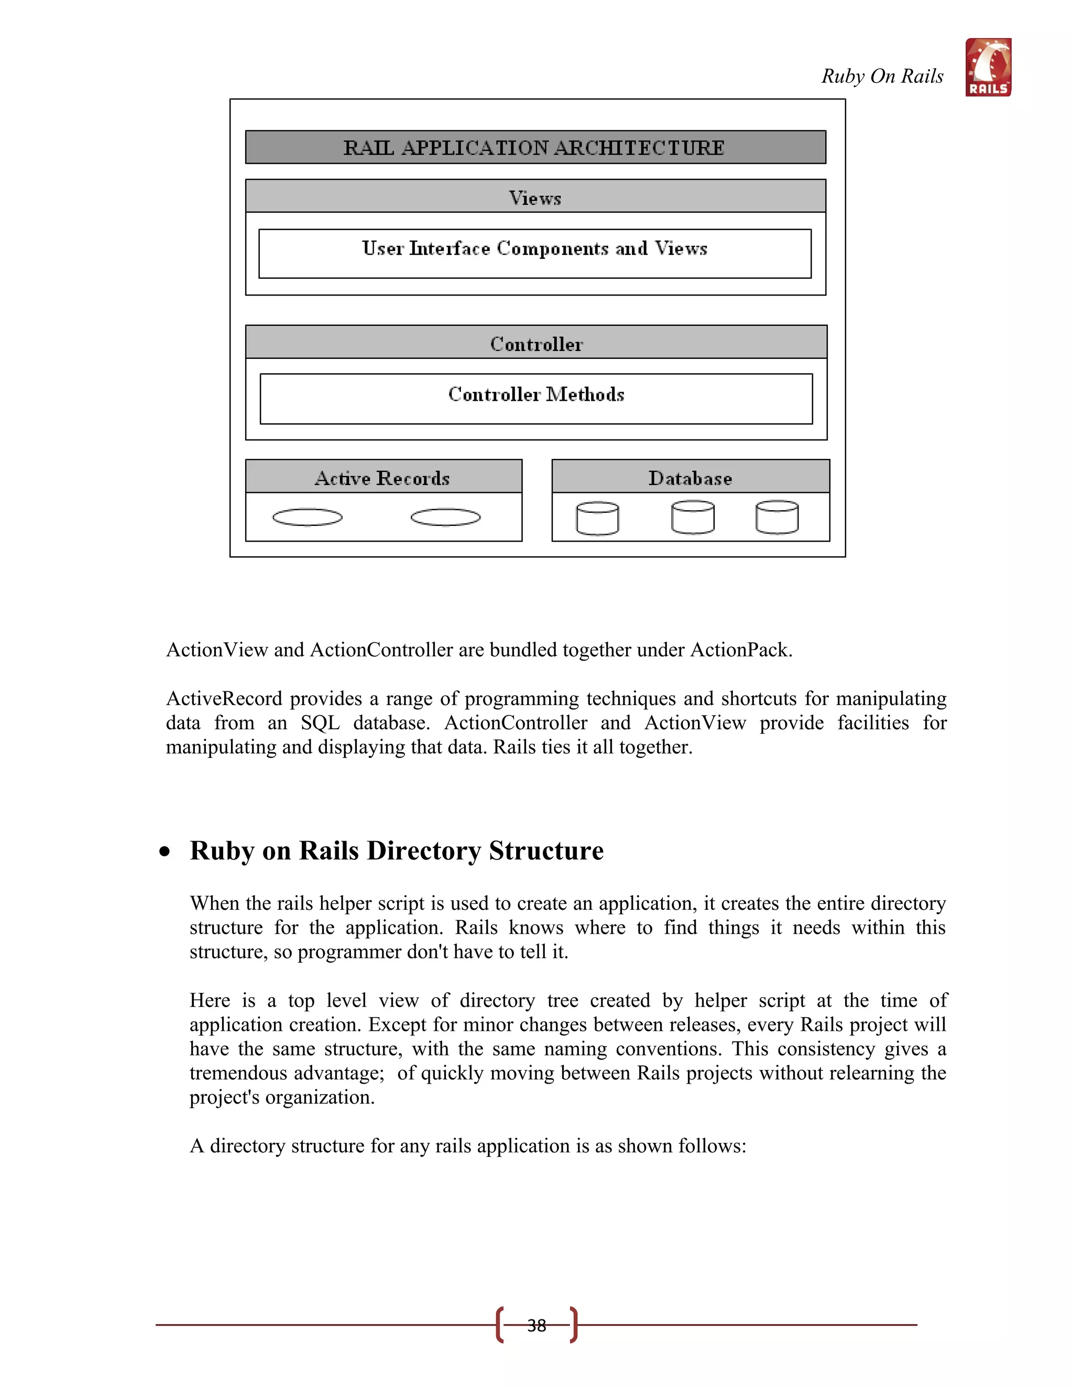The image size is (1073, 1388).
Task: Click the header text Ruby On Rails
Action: pyautogui.click(x=882, y=76)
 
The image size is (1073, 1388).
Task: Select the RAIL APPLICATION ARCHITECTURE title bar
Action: pyautogui.click(x=535, y=148)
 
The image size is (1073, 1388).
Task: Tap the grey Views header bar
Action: pyautogui.click(x=535, y=197)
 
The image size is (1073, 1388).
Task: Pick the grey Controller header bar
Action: pyautogui.click(x=536, y=343)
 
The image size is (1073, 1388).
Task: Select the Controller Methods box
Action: pyautogui.click(x=536, y=398)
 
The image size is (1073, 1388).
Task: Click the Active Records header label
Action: pyautogui.click(x=382, y=477)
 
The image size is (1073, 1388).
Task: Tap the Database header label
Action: pyautogui.click(x=691, y=477)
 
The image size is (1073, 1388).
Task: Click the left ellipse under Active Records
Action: pyautogui.click(x=307, y=517)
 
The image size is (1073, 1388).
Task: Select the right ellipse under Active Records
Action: pyautogui.click(x=446, y=517)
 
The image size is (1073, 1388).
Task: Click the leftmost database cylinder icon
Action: pyautogui.click(x=597, y=519)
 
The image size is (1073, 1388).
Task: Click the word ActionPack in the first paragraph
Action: pyautogui.click(x=740, y=650)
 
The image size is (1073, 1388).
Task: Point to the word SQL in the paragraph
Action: pyautogui.click(x=320, y=723)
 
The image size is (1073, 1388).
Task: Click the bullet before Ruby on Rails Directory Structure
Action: pyautogui.click(x=165, y=852)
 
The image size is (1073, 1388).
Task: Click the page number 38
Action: pyautogui.click(x=536, y=1325)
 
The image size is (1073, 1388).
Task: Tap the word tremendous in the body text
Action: pyautogui.click(x=241, y=1073)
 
